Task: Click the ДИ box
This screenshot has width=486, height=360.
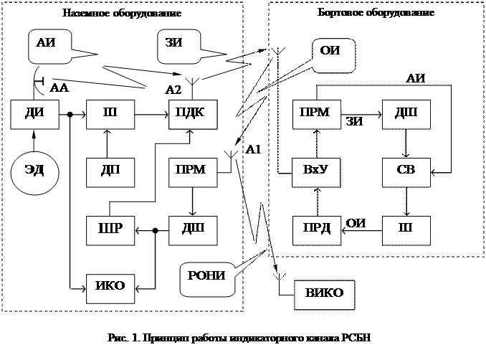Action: coord(34,114)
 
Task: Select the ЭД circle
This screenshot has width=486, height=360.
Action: coord(33,171)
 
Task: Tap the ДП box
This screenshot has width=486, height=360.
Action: coord(108,171)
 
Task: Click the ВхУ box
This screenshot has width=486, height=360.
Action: coord(316,171)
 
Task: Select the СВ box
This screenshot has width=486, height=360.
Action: coord(406,171)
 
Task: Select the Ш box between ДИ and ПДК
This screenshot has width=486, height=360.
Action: coord(108,114)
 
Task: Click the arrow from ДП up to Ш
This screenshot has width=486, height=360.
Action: coord(108,143)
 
